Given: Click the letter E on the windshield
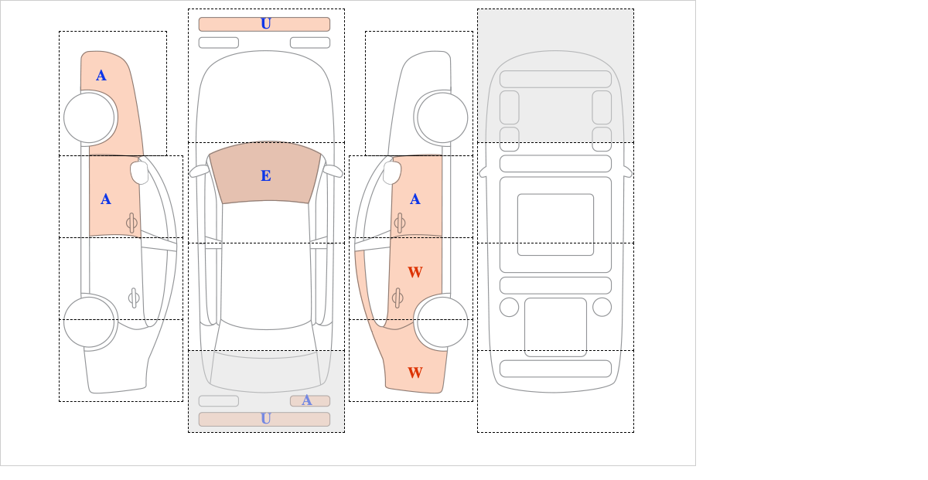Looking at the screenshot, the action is click(x=266, y=176).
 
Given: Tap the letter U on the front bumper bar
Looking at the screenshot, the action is click(x=266, y=24).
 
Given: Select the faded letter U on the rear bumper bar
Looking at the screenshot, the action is click(x=266, y=419).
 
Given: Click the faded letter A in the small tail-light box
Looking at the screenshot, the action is click(x=306, y=400).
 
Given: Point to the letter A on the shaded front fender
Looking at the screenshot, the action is click(x=101, y=76).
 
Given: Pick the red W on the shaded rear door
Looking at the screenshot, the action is click(x=415, y=272).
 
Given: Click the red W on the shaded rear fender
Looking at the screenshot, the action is click(x=415, y=373).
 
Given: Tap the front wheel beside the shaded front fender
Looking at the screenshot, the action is click(x=89, y=117).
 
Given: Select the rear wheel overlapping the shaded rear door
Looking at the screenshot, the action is click(x=442, y=322).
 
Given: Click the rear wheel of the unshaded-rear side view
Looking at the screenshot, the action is click(x=89, y=322).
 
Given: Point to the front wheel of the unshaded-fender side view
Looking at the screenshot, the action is click(x=442, y=117).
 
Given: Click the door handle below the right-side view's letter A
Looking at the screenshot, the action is click(x=400, y=223).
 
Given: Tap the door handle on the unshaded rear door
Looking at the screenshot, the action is click(x=134, y=298).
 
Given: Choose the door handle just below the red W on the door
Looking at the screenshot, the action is click(x=397, y=298).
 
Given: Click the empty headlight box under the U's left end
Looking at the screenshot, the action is click(x=219, y=43).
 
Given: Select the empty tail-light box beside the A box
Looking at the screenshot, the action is click(x=219, y=401).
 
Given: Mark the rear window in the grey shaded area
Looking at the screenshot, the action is click(x=265, y=369).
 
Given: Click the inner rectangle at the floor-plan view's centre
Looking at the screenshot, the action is click(x=555, y=224).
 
